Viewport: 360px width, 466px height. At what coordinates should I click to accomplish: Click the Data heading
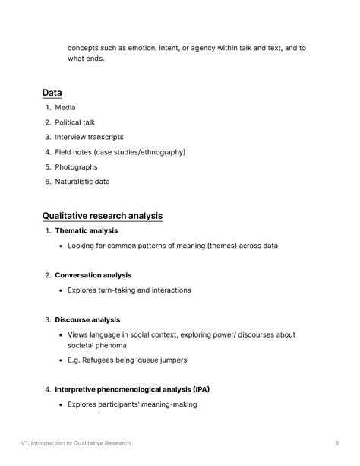52,93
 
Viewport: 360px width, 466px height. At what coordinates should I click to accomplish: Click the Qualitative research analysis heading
103,216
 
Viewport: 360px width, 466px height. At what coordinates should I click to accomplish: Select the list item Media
65,107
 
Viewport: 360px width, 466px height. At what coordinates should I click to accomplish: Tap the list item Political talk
74,122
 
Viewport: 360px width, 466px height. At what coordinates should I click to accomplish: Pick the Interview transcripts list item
89,137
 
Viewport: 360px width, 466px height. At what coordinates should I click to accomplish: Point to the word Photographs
76,166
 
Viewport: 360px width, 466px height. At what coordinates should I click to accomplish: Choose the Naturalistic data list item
82,182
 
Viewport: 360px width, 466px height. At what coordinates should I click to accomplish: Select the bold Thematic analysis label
86,230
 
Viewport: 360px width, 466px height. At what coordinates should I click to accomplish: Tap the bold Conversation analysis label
93,275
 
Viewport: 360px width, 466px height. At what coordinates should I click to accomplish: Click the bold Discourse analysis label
87,320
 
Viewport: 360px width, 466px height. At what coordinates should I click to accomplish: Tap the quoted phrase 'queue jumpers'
163,360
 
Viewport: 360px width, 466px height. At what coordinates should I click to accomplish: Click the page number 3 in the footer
336,443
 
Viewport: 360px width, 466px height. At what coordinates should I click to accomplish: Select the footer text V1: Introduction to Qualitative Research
76,443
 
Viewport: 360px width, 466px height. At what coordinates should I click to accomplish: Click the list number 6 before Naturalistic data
47,182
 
